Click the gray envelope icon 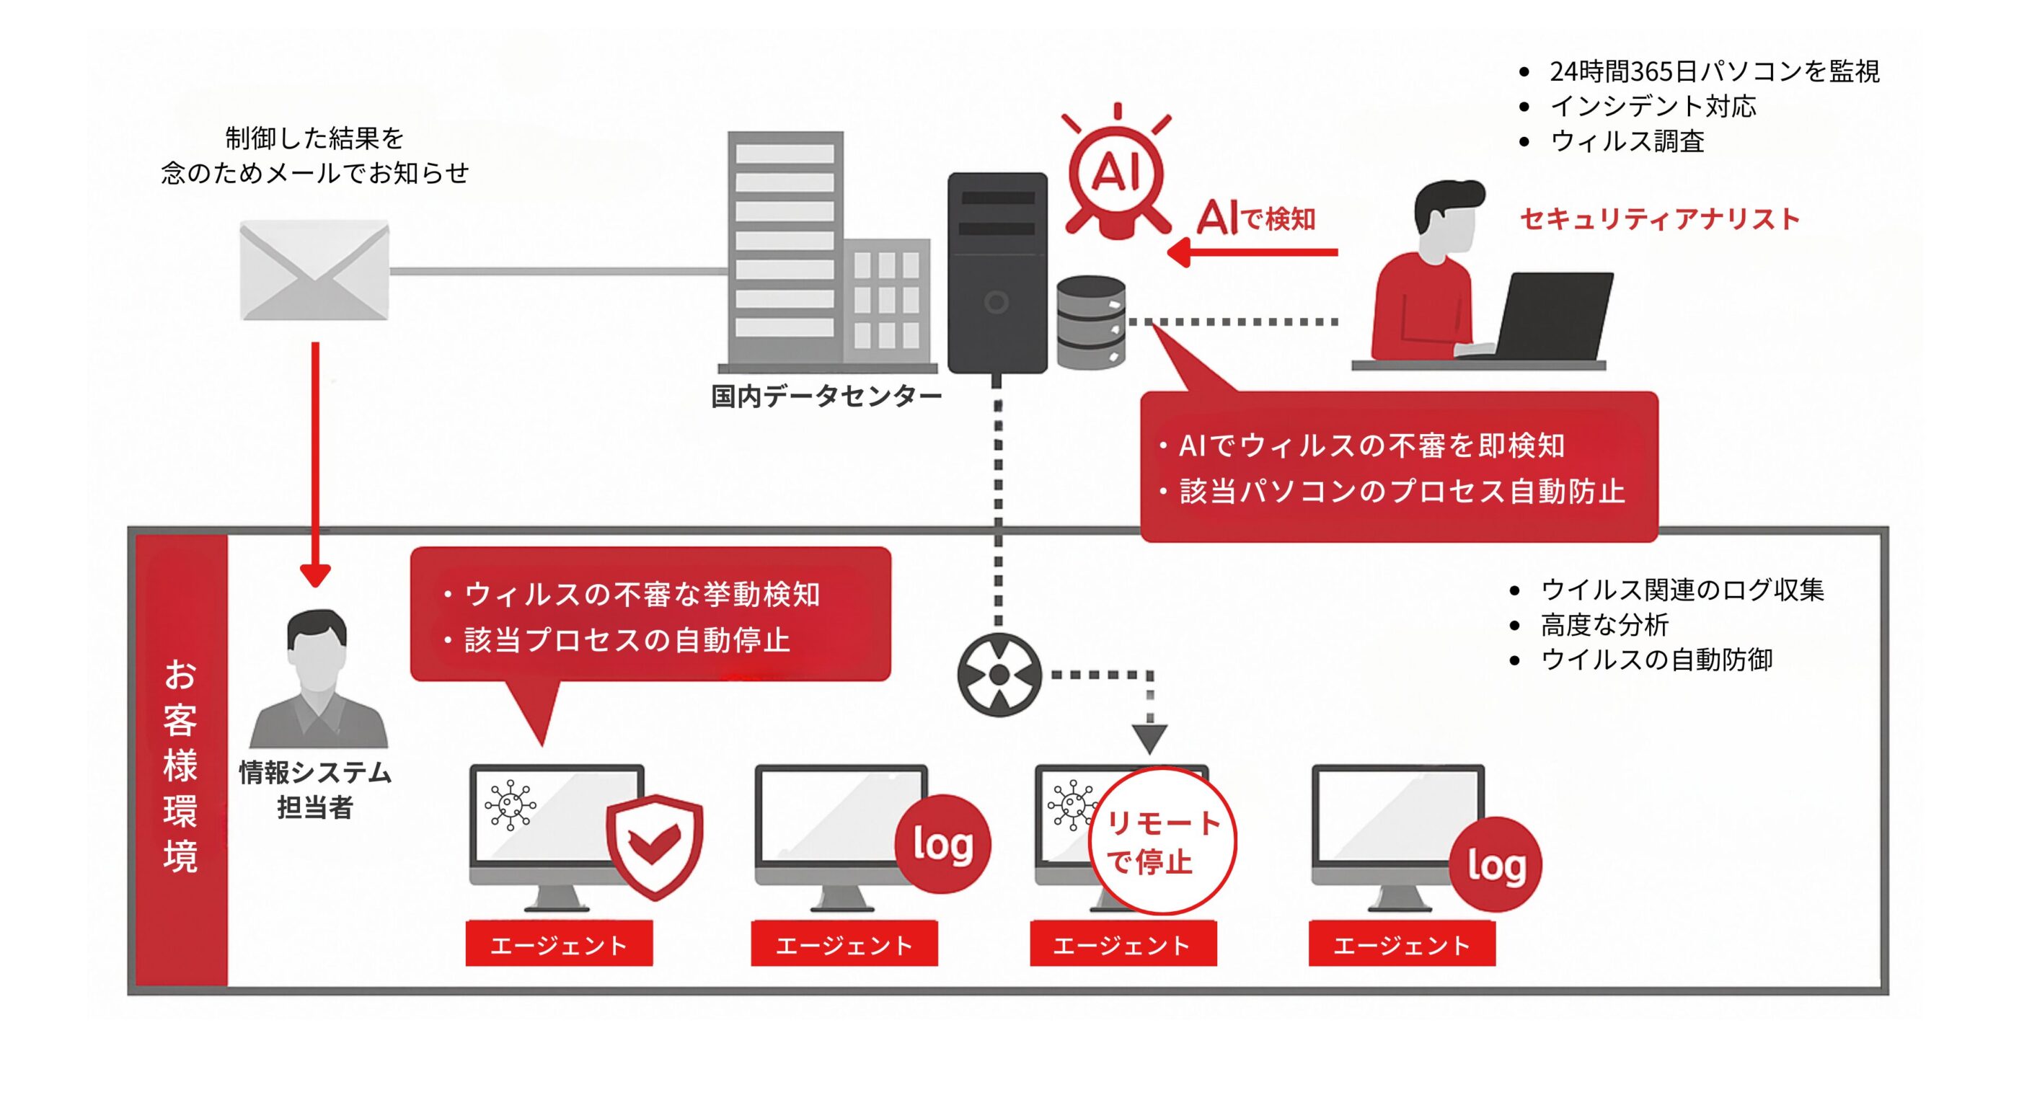point(314,270)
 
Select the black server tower point(997,272)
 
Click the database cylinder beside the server point(1091,322)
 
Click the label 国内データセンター point(826,396)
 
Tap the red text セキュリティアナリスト point(1659,218)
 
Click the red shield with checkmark point(655,845)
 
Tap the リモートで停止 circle point(1163,842)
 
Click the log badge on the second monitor point(943,844)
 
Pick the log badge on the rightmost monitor point(1496,865)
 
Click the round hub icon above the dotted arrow point(999,675)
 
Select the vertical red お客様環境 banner point(181,761)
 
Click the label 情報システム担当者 point(315,789)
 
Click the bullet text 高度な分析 point(1604,625)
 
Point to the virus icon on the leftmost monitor point(511,804)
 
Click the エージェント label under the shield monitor point(559,944)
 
